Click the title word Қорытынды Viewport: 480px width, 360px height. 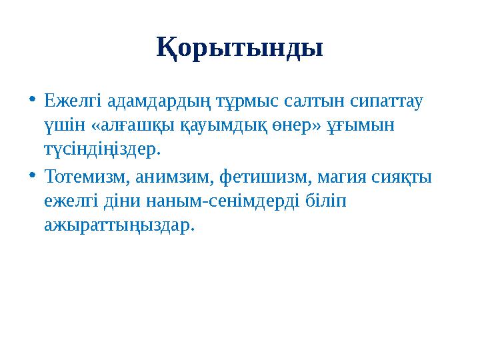tap(240, 48)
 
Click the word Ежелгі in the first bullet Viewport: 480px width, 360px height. tap(67, 102)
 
